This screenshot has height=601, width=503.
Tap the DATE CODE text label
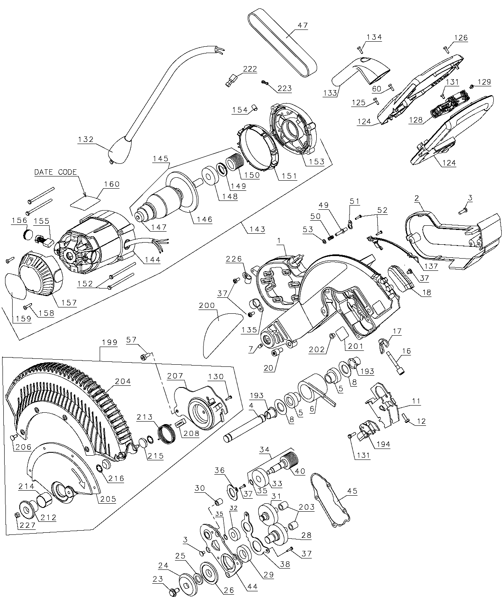tap(56, 172)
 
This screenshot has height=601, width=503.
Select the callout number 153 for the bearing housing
tap(317, 161)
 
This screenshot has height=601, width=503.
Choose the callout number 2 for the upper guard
tap(416, 198)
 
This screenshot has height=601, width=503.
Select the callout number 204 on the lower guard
tap(122, 381)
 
